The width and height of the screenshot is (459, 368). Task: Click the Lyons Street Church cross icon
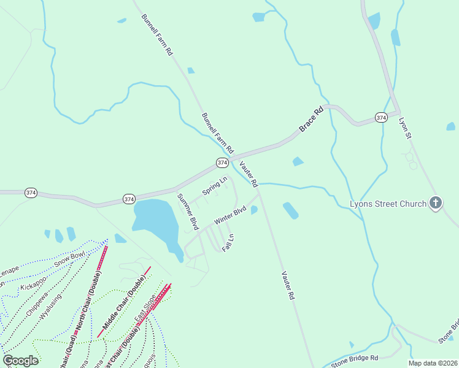coord(436,203)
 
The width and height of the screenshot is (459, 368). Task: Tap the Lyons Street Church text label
coord(388,204)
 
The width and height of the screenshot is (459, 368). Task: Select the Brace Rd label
coord(311,120)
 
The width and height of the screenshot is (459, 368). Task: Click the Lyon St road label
coord(404,128)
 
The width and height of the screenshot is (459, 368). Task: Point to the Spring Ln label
coord(215,186)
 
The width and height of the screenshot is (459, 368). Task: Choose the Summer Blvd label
coord(188,212)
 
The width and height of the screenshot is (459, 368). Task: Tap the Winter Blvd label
coord(230,215)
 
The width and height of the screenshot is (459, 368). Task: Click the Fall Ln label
coord(228,242)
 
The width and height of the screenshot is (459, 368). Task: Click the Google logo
coord(21,361)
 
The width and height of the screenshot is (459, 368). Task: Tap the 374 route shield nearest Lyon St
coord(381,117)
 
